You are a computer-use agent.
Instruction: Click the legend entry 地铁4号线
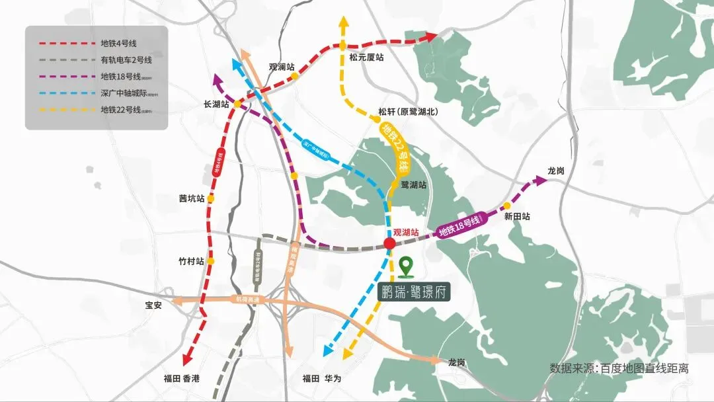[119, 44]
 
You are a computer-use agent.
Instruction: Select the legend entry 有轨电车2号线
[126, 60]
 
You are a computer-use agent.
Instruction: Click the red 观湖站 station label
[406, 233]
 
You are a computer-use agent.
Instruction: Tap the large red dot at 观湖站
[390, 244]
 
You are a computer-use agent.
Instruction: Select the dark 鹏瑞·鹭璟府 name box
[415, 292]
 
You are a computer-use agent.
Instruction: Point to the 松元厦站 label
[367, 58]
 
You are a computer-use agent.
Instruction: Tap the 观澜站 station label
[281, 67]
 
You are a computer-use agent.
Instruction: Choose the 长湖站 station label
[216, 104]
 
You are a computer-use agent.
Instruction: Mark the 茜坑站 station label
[191, 198]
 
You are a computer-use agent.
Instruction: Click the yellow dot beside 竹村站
[211, 261]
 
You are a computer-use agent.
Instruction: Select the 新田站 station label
[517, 216]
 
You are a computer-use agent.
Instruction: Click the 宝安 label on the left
[153, 305]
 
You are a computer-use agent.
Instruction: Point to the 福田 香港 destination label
[181, 378]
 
